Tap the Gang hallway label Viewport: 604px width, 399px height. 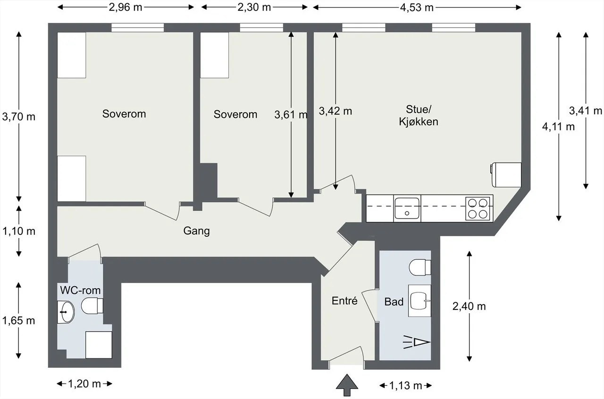196,231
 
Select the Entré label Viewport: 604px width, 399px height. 344,301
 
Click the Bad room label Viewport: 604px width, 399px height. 394,301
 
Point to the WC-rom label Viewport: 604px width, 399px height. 80,289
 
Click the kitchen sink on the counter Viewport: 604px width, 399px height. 407,208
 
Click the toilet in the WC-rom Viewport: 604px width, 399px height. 91,305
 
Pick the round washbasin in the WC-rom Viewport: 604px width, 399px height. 66,312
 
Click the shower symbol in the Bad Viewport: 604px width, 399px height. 416,341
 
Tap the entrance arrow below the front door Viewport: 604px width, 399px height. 347,384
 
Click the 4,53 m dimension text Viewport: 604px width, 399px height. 417,7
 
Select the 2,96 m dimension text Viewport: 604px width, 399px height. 126,7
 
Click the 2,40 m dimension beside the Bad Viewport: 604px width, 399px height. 469,306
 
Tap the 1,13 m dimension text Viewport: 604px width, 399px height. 405,386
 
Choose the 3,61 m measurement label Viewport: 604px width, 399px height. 291,114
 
